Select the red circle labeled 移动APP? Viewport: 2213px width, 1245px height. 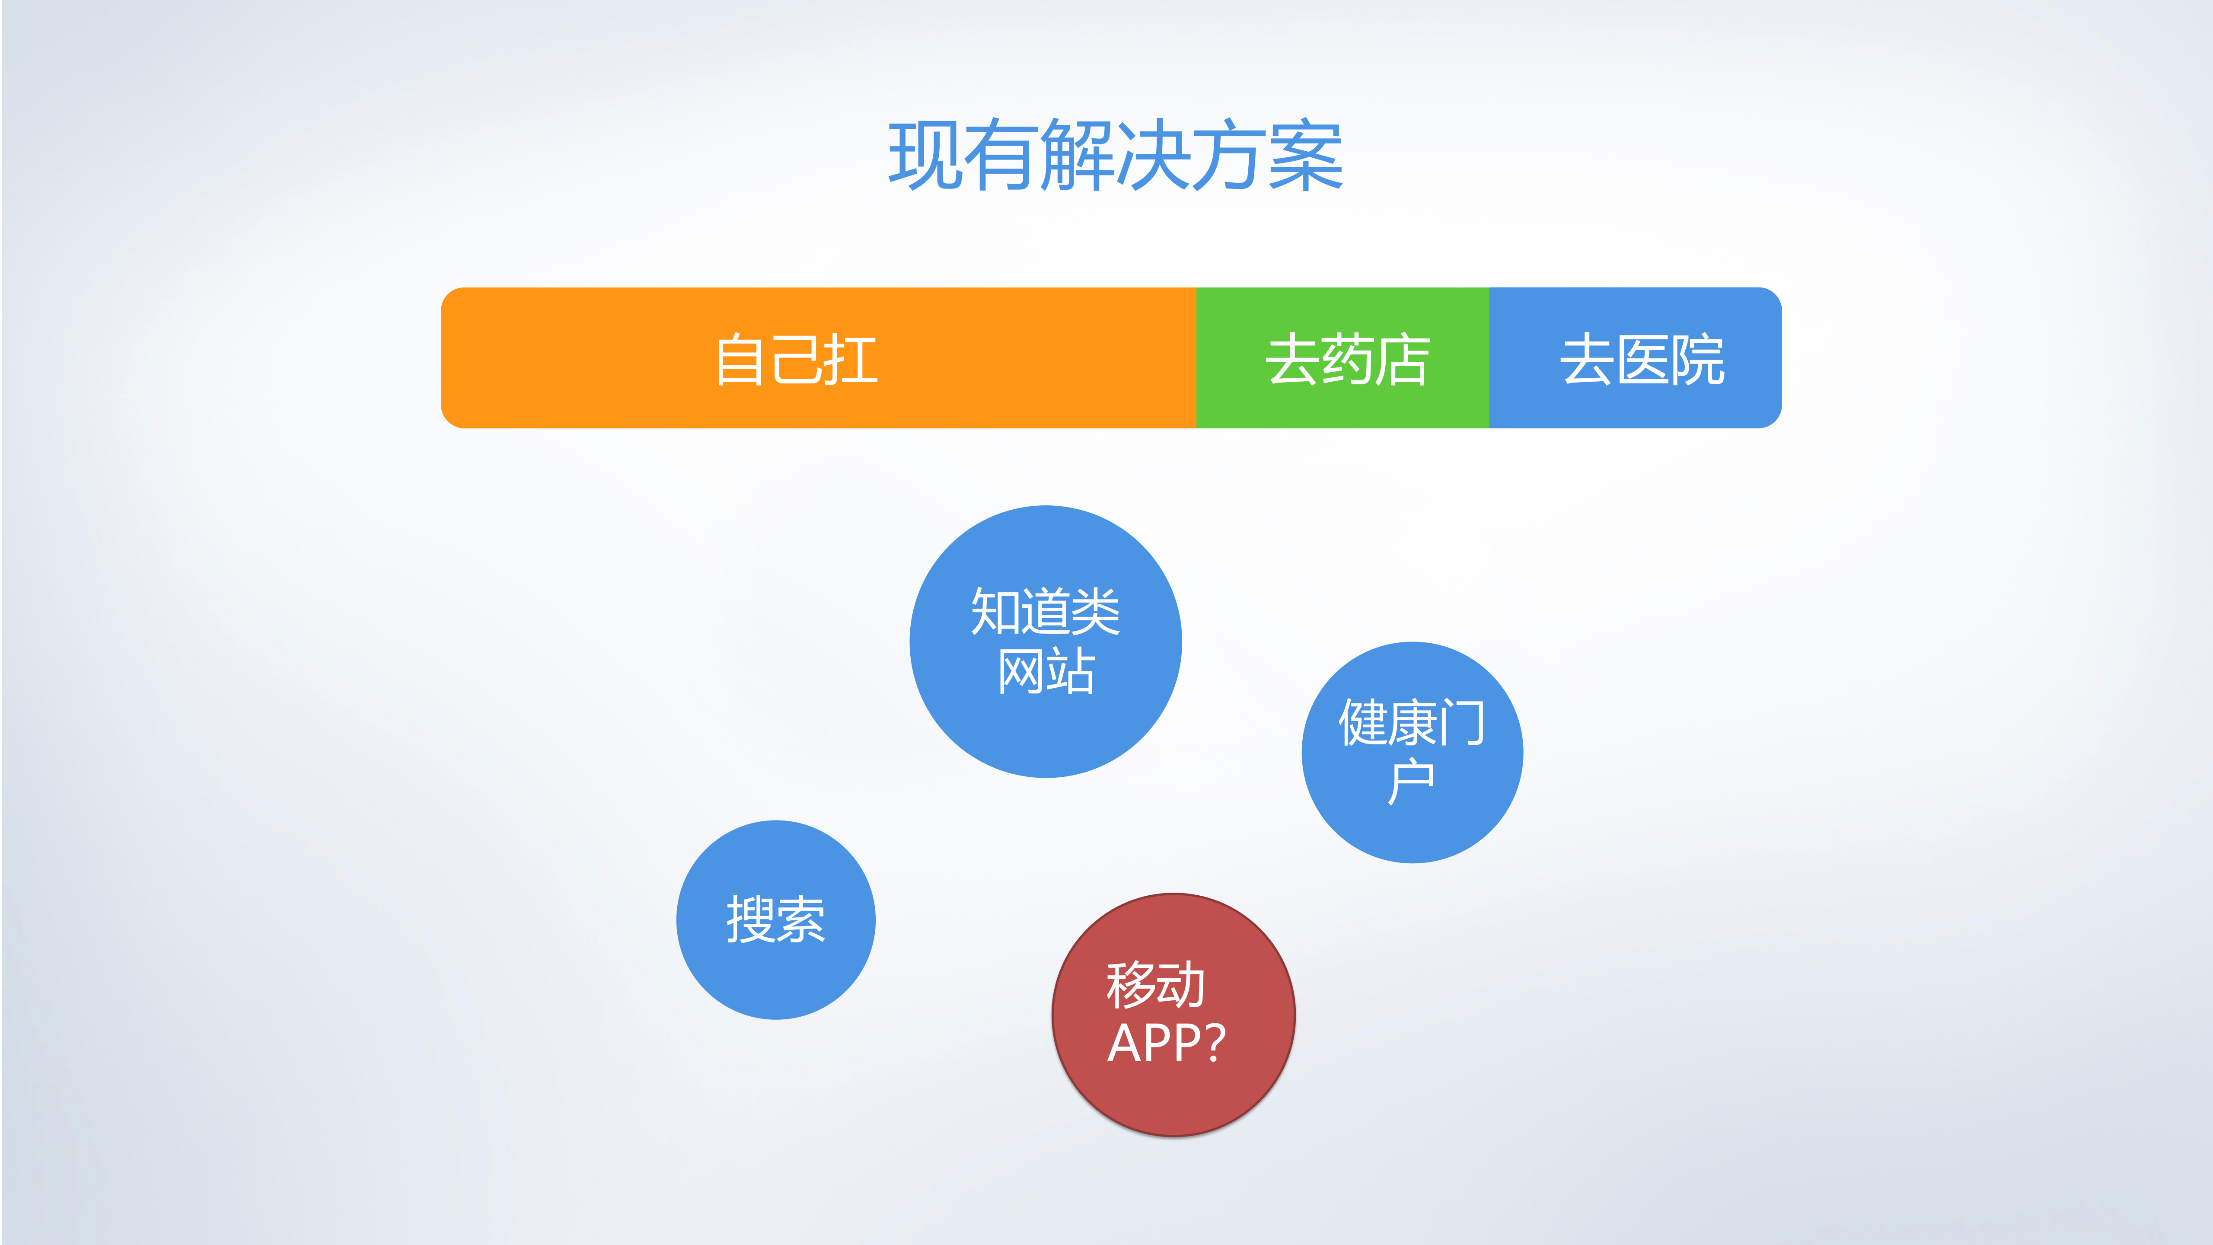(x=1173, y=1015)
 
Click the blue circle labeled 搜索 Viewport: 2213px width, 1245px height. (x=776, y=920)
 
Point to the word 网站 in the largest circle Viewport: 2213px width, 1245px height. (x=1046, y=671)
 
